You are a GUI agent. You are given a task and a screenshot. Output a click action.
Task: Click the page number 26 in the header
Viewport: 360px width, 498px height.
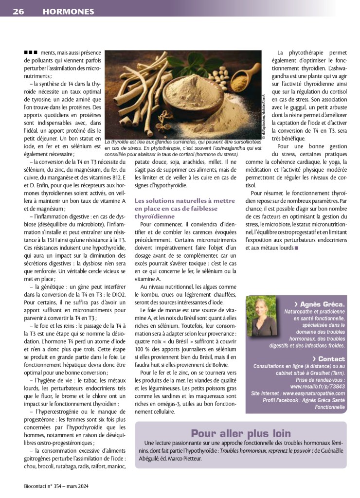[x=18, y=11]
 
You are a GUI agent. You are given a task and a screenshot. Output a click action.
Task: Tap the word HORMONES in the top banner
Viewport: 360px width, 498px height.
[x=68, y=11]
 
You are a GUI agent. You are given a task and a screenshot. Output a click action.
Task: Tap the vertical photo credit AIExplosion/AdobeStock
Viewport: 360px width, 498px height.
[x=263, y=117]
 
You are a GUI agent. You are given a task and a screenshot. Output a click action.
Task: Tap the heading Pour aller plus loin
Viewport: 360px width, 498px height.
[x=240, y=433]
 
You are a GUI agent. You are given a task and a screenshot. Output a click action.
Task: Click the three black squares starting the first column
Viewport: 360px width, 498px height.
[x=31, y=53]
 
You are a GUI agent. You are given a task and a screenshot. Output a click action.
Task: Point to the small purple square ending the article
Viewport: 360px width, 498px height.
[x=296, y=248]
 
